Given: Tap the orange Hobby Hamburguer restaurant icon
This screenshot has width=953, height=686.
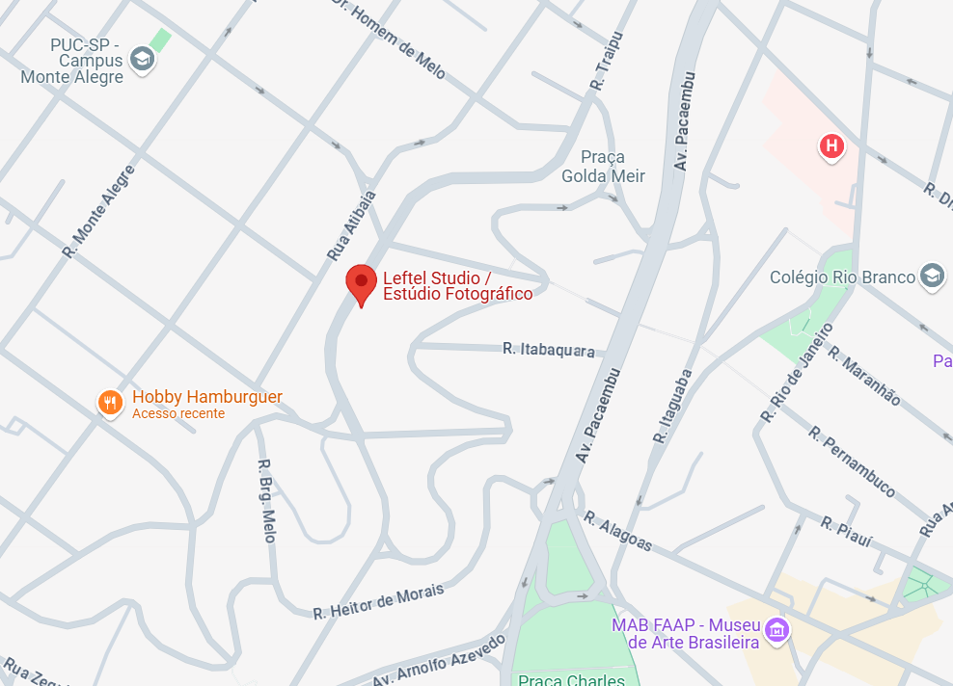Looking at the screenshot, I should (x=111, y=403).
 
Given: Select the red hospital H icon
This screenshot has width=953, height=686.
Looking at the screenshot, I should (x=830, y=146).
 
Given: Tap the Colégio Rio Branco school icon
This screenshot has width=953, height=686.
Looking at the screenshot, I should (x=932, y=277).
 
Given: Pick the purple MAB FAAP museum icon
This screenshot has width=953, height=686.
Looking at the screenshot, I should (x=776, y=632).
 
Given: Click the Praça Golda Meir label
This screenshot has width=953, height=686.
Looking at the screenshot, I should (x=603, y=166).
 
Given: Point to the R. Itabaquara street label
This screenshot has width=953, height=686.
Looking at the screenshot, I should (x=548, y=350).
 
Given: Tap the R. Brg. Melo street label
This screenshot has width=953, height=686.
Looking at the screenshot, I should (x=267, y=500).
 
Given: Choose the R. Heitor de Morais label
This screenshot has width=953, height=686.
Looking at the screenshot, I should (x=378, y=601).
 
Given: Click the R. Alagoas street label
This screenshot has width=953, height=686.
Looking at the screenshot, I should (x=617, y=531).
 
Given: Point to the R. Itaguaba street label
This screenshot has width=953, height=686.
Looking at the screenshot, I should (x=672, y=406).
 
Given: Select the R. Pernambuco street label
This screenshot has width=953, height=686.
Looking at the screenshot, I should (x=852, y=462).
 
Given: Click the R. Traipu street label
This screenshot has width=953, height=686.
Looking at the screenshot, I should (x=608, y=61).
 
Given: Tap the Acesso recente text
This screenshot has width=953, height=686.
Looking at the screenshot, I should (x=178, y=413).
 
